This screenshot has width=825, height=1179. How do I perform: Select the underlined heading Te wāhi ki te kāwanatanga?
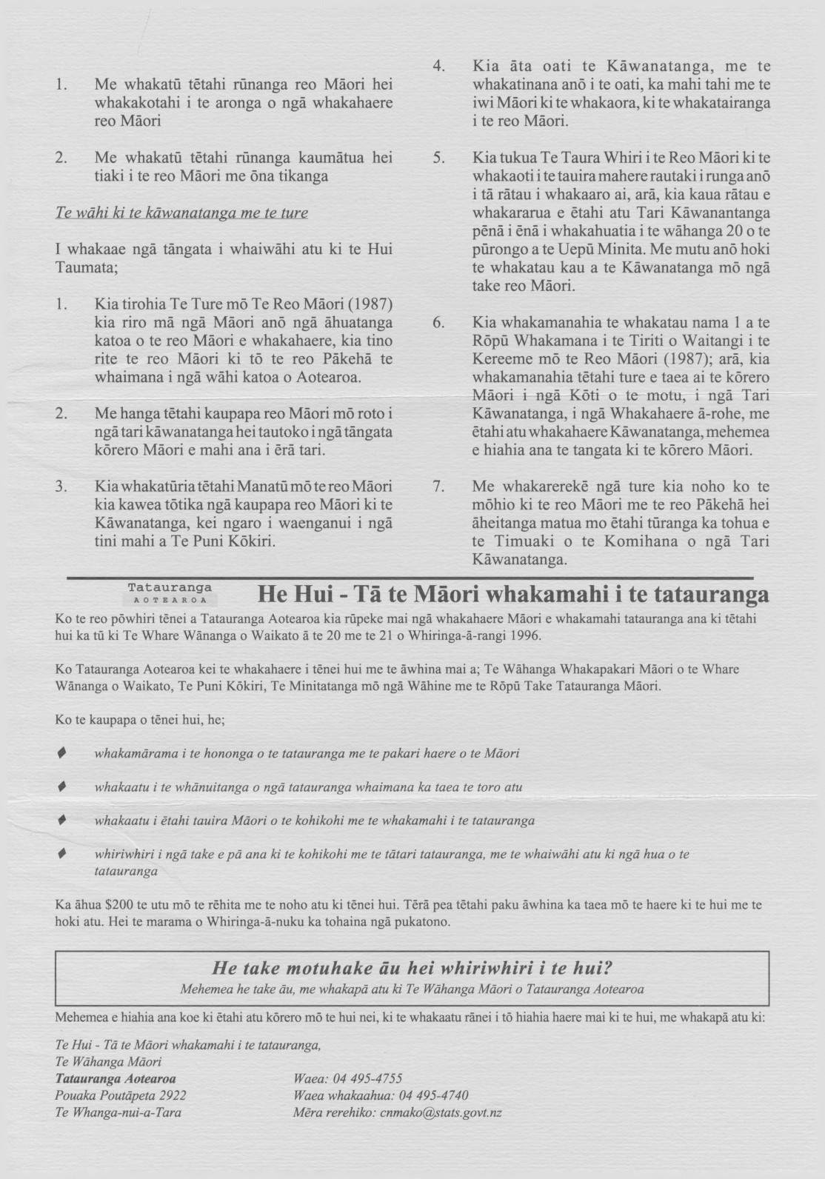(x=181, y=213)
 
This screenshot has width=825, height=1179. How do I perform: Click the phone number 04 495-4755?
(x=367, y=1078)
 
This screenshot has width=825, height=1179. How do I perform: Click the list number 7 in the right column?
(x=438, y=487)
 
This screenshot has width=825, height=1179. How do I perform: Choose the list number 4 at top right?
(x=438, y=67)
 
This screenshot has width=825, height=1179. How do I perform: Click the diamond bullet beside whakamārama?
(x=62, y=753)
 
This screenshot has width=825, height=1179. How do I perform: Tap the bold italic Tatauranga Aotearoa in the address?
(x=116, y=1078)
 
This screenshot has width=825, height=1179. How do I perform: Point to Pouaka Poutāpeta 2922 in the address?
(x=121, y=1095)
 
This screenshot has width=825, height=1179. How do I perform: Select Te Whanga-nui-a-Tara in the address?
(x=118, y=1112)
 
